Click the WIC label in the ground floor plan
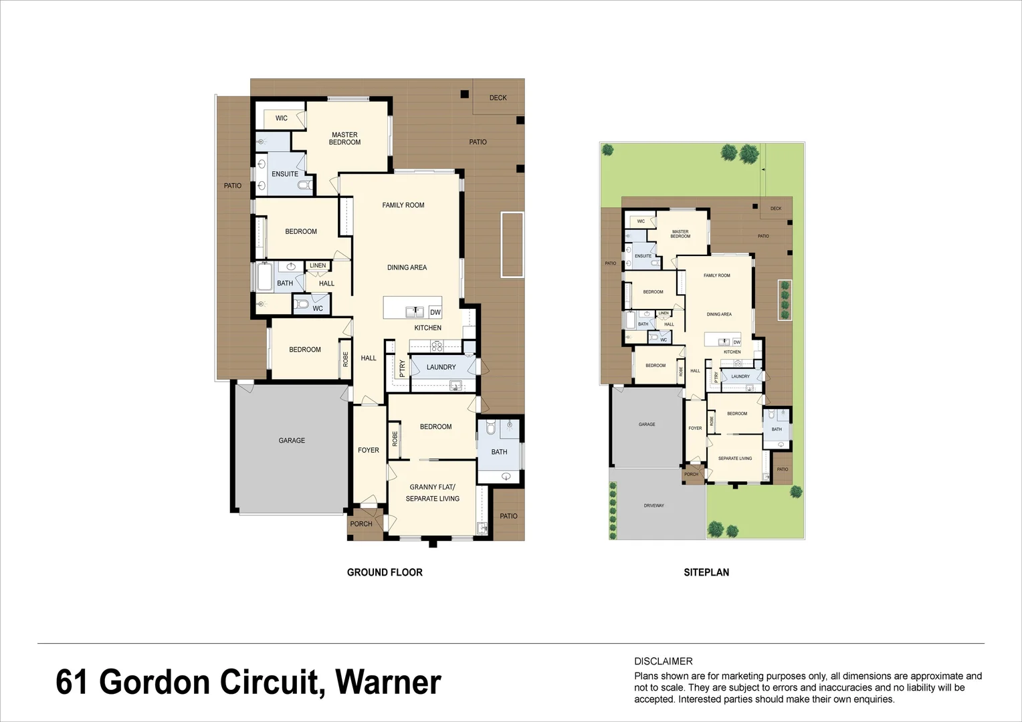(282, 118)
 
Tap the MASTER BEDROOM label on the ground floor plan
(344, 138)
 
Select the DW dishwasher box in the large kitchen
(435, 312)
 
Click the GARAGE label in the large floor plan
(292, 441)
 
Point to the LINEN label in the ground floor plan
(318, 265)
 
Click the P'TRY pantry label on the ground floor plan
(402, 369)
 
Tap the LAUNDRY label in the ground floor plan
(441, 367)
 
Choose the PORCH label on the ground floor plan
(361, 524)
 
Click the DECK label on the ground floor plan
(498, 98)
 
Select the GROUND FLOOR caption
(385, 572)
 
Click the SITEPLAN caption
(706, 572)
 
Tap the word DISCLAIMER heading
(663, 661)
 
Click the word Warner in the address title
(388, 683)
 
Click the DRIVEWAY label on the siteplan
(654, 505)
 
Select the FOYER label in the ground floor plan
(369, 450)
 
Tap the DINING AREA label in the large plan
(407, 267)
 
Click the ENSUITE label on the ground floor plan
(285, 174)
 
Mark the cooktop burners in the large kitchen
(436, 346)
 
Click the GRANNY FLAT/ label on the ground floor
(432, 487)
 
